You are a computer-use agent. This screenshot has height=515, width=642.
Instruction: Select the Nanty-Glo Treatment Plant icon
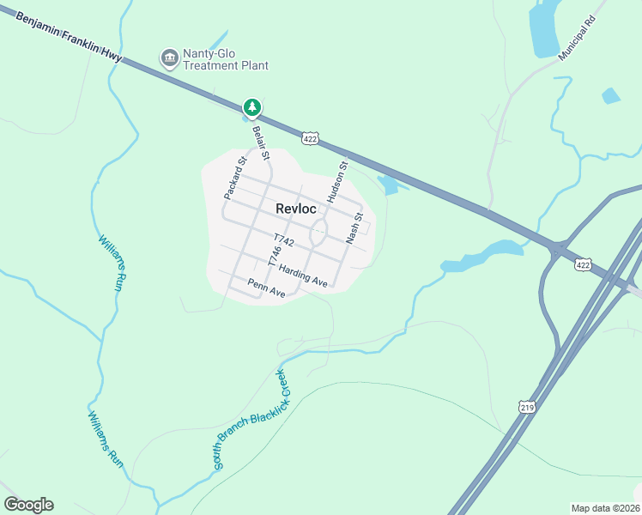point(169,58)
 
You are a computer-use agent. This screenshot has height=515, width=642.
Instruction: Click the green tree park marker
point(251,107)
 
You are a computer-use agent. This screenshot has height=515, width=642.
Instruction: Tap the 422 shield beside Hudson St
point(311,137)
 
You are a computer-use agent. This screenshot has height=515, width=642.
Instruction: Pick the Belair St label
point(261,143)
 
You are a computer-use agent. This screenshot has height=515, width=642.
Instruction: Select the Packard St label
point(235,178)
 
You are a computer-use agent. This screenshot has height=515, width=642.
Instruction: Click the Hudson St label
point(337,181)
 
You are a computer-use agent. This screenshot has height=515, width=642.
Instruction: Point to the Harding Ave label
point(303,276)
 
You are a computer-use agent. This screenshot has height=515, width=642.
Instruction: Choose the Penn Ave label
point(266,288)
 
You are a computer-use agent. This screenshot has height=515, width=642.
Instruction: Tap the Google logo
point(28,505)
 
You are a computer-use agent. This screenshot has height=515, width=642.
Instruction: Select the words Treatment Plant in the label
point(227,65)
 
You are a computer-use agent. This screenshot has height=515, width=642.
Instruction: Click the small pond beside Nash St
point(388,185)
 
